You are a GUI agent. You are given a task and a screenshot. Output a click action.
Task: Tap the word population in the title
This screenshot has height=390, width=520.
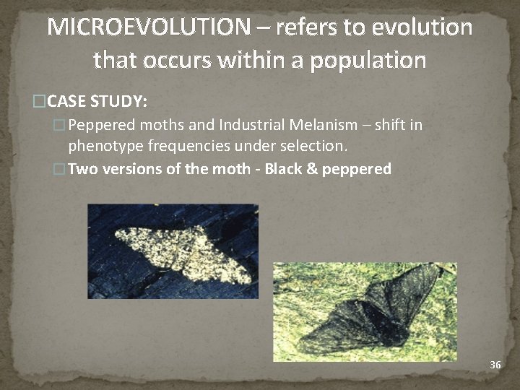368,59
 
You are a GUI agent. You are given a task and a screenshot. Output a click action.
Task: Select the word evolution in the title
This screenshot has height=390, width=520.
422,27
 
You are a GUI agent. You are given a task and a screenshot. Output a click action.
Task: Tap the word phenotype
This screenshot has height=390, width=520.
105,147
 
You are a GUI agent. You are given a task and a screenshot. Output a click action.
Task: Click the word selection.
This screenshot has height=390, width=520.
312,147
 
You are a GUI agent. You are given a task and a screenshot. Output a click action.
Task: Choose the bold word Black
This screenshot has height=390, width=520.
283,170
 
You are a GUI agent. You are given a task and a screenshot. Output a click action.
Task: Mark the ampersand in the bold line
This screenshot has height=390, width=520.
312,170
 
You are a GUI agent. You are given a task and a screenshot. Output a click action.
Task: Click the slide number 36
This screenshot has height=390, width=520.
495,365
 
